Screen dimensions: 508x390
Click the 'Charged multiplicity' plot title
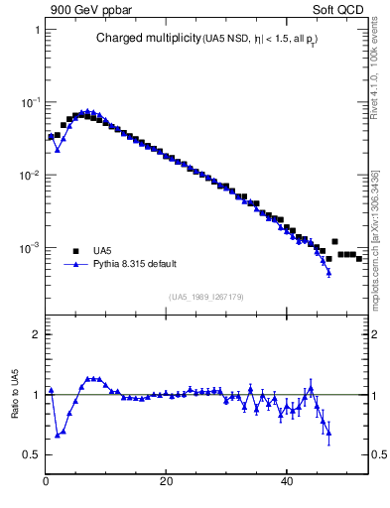[148, 39]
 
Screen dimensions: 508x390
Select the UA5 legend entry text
[102, 251]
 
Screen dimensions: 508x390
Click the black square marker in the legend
[74, 251]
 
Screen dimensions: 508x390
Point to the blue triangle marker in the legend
[74, 265]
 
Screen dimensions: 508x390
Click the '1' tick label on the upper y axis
[37, 30]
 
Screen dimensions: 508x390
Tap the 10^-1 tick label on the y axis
[31, 102]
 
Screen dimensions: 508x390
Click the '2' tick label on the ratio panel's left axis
[36, 334]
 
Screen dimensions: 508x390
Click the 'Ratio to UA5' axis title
[15, 394]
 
